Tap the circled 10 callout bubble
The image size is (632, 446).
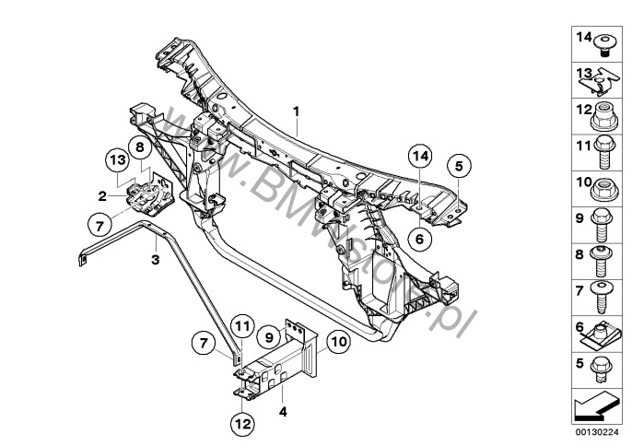(x=338, y=341)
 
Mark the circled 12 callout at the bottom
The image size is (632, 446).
(x=242, y=424)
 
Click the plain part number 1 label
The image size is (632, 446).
(x=297, y=112)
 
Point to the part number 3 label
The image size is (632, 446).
(x=156, y=262)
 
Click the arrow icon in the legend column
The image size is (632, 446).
(x=598, y=403)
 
